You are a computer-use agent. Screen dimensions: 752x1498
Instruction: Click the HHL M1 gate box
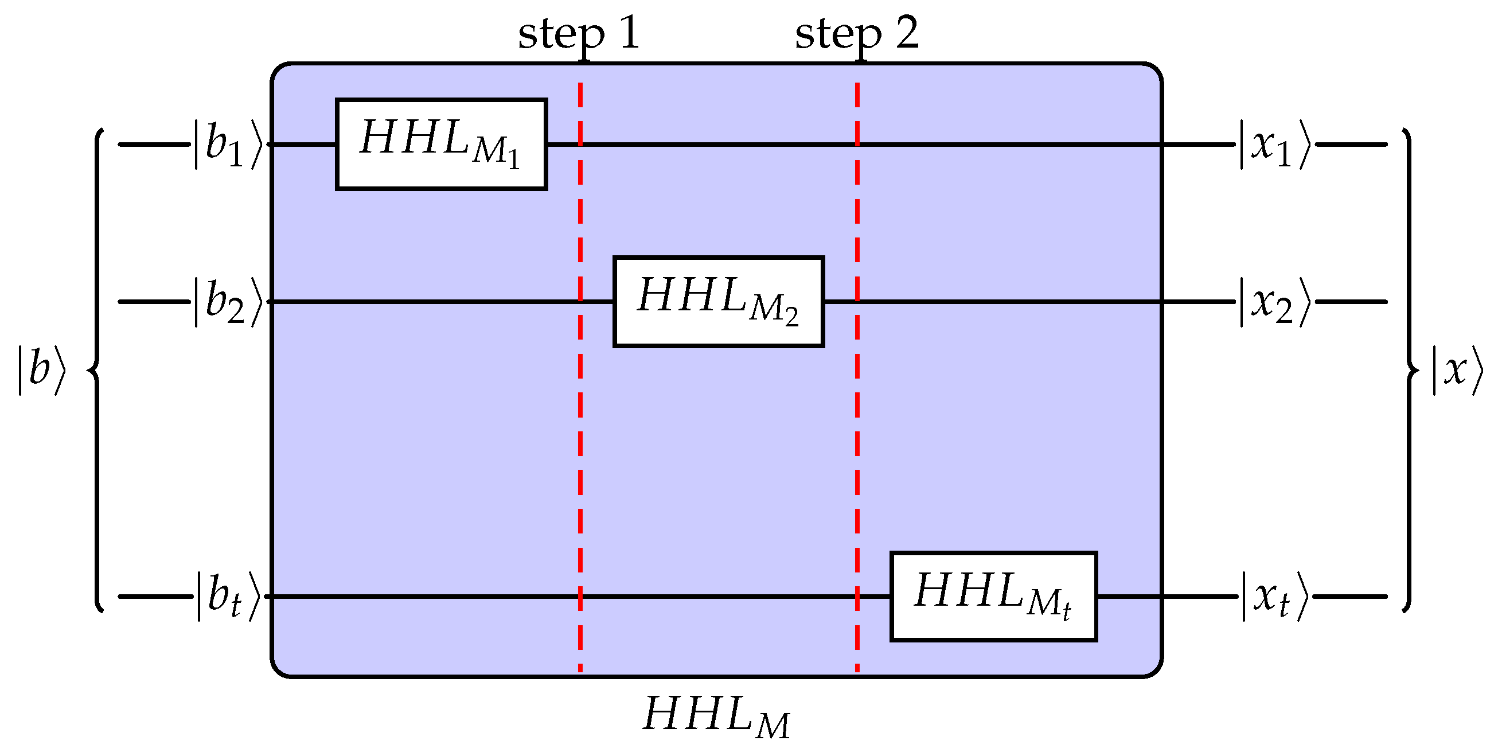click(x=441, y=143)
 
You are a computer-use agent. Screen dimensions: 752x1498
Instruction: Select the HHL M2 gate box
click(x=718, y=301)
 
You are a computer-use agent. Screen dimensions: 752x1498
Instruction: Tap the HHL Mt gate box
click(x=993, y=596)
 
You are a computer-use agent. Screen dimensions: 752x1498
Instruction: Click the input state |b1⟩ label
click(x=228, y=145)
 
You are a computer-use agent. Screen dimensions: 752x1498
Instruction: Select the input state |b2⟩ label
click(x=228, y=302)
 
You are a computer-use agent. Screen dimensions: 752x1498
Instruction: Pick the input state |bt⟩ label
click(x=228, y=597)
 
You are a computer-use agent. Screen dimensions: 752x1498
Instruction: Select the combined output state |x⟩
click(x=1457, y=371)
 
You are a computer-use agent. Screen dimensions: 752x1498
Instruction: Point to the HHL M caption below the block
click(x=716, y=716)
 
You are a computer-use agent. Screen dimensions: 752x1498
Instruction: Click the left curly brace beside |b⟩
click(x=96, y=370)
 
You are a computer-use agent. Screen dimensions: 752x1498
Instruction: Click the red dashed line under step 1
click(x=580, y=407)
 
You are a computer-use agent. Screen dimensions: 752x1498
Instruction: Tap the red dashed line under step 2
click(x=857, y=407)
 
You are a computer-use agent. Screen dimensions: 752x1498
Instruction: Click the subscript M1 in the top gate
click(x=496, y=153)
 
